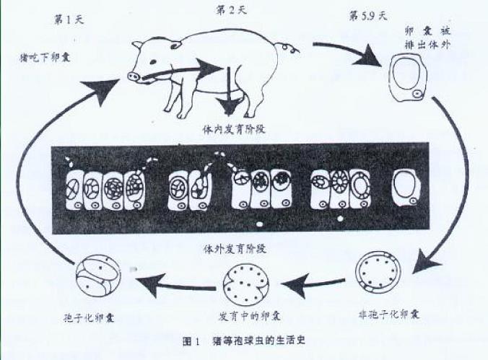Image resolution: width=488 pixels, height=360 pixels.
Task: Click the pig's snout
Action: [x=134, y=75]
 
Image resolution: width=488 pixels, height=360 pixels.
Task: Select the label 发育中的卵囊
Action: [x=243, y=316]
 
